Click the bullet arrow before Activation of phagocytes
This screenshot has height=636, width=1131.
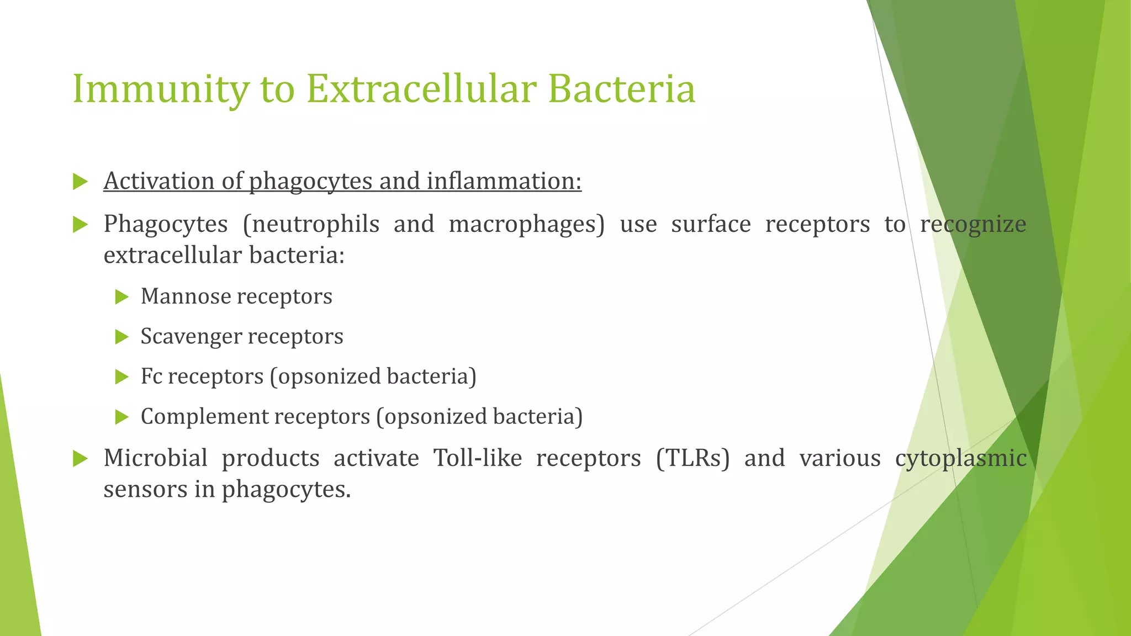[80, 182]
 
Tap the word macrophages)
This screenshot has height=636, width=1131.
[527, 224]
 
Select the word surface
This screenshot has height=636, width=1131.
[711, 224]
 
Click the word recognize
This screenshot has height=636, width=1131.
[973, 224]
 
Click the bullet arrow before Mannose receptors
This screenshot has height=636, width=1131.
[121, 297]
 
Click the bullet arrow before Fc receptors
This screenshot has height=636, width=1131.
[121, 377]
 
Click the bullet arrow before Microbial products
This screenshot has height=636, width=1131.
[80, 458]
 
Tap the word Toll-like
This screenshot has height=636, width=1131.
[477, 458]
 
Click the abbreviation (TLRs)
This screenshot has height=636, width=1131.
[693, 458]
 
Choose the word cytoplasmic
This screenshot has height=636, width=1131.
[960, 458]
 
